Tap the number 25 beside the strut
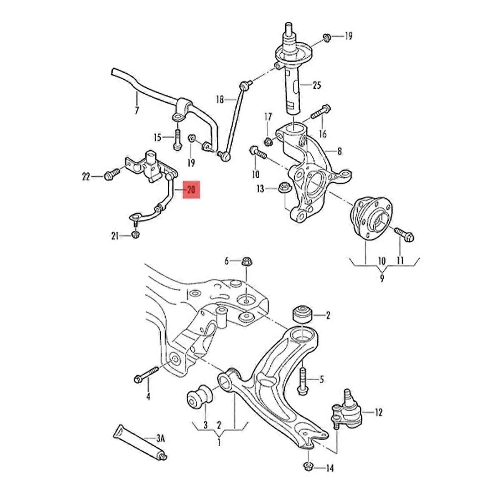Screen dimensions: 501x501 [317, 86]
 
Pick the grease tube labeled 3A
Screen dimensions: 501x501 [140, 445]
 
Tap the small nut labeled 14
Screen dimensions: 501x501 [308, 466]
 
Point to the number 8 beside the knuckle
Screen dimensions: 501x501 [339, 151]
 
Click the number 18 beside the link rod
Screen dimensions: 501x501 [220, 99]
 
